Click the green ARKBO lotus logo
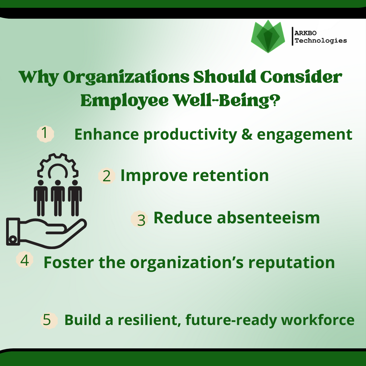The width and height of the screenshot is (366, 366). [x=268, y=36]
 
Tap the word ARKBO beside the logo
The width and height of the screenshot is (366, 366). [x=305, y=33]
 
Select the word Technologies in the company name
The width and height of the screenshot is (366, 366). [x=321, y=41]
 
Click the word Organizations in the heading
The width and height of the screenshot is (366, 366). [x=126, y=77]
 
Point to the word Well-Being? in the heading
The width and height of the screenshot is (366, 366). [x=227, y=101]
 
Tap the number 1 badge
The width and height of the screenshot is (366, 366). [x=45, y=134]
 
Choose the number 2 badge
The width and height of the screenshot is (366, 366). [x=107, y=176]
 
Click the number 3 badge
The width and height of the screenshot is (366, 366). [x=139, y=219]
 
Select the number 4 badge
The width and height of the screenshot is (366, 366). [x=24, y=260]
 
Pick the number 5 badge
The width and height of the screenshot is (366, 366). [x=49, y=321]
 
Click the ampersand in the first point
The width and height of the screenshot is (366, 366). [x=247, y=134]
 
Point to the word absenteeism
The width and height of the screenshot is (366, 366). [x=268, y=218]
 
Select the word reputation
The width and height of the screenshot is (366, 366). [x=291, y=263]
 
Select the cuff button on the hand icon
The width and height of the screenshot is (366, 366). [x=13, y=239]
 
